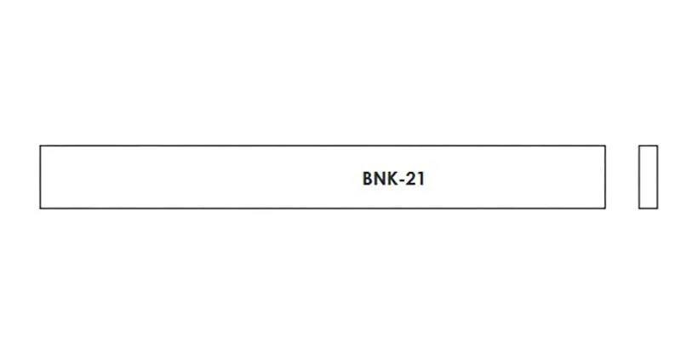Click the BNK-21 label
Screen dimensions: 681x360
[x=393, y=179]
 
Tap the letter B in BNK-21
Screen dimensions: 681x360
[x=368, y=179]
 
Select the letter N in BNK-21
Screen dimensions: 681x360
[x=379, y=179]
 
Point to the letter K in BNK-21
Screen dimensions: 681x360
[x=391, y=179]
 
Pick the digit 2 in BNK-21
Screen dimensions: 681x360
[x=409, y=179]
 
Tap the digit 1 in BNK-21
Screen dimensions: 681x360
[x=421, y=179]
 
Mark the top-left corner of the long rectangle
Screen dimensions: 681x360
[x=40, y=146]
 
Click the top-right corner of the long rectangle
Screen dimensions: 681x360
[x=605, y=146]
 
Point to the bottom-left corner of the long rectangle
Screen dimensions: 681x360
[x=40, y=208]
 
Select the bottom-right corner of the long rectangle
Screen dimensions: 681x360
[x=605, y=208]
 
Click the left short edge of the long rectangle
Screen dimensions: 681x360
[x=40, y=177]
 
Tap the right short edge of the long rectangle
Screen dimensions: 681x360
[x=605, y=177]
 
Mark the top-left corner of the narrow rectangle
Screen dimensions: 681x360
[x=639, y=146]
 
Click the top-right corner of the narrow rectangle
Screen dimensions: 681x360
[x=657, y=146]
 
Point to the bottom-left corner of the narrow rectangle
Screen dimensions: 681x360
[x=639, y=208]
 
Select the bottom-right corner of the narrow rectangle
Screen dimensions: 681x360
[x=657, y=208]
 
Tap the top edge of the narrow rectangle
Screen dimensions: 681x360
[x=648, y=146]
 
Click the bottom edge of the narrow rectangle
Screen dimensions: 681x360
[x=648, y=208]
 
